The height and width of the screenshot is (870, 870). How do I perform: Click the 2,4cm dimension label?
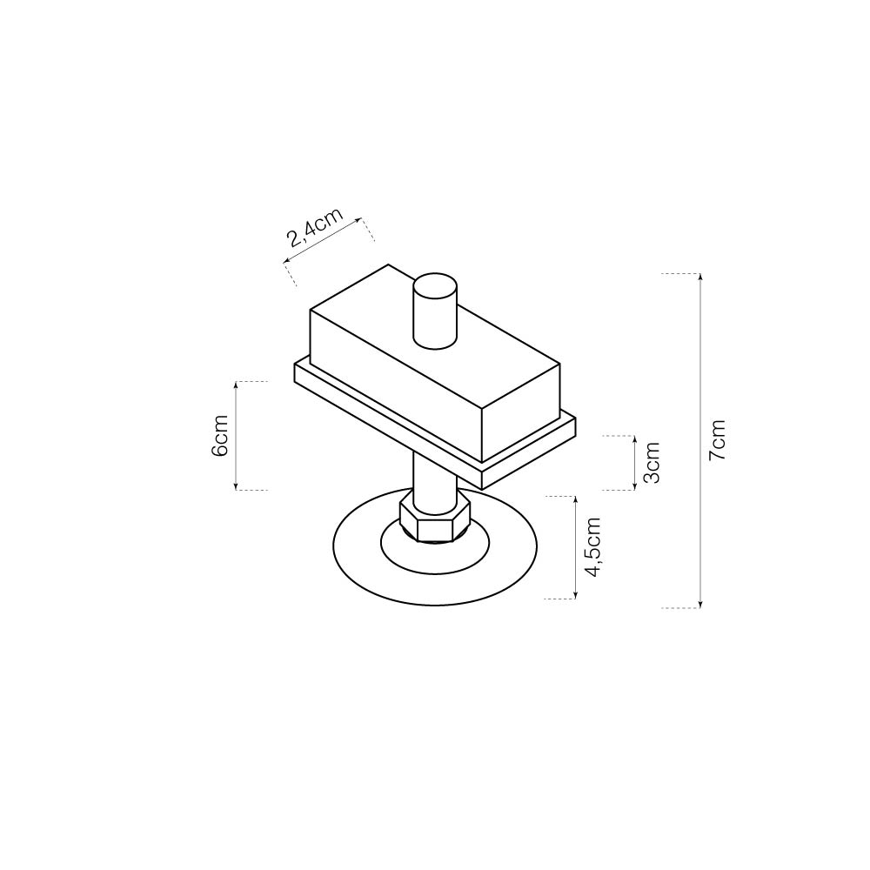(x=315, y=227)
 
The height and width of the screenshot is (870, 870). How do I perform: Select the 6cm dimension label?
(x=220, y=436)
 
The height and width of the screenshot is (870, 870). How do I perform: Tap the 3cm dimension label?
(x=652, y=463)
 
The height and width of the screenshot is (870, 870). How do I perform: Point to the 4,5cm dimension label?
(x=593, y=547)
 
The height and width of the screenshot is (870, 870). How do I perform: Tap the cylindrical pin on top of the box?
(x=436, y=311)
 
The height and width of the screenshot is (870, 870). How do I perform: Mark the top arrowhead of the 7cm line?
(x=700, y=277)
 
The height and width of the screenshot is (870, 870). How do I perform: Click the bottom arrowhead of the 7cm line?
(x=700, y=605)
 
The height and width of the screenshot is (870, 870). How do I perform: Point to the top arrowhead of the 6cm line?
(x=237, y=385)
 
